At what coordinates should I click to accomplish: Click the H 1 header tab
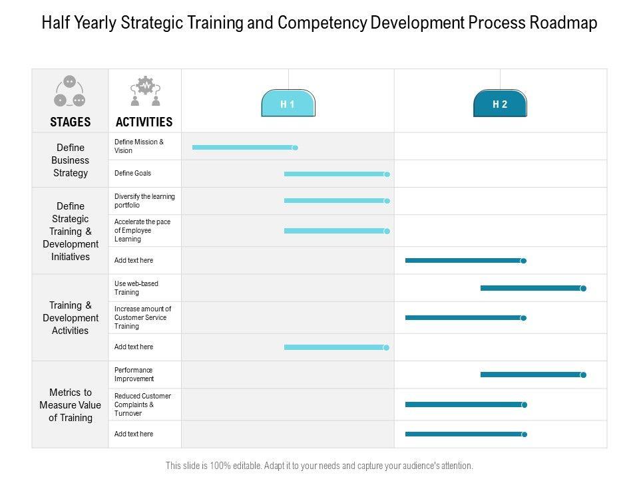(288, 104)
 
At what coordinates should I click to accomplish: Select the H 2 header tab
(500, 104)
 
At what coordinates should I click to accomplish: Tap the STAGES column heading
(70, 122)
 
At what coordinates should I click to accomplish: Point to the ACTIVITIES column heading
(144, 122)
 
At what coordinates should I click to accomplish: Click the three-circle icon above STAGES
(70, 92)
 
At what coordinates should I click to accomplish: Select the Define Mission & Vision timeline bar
(243, 147)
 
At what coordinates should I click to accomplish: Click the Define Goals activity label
(133, 173)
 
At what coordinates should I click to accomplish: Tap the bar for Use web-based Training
(531, 288)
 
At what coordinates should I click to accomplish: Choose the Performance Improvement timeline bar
(531, 375)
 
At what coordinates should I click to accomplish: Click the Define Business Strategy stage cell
(70, 160)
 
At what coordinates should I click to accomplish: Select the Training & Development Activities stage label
(70, 318)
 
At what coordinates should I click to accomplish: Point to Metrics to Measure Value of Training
(70, 405)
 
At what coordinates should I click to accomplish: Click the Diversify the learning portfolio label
(144, 201)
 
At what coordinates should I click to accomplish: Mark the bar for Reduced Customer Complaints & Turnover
(465, 404)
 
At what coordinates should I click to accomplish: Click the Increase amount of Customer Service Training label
(142, 317)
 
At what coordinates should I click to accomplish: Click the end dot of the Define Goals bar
(387, 174)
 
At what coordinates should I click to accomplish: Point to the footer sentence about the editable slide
(319, 466)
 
